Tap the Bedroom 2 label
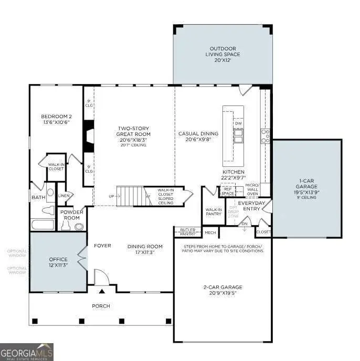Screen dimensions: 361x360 (x=56, y=119)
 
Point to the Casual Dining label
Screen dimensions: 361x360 (x=198, y=136)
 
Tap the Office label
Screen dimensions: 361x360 (x=58, y=262)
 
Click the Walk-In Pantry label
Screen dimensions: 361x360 (x=213, y=212)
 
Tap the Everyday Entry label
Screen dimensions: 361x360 (x=252, y=205)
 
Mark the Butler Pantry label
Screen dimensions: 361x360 (x=187, y=231)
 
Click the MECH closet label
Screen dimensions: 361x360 (x=210, y=232)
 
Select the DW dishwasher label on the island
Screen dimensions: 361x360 (x=238, y=123)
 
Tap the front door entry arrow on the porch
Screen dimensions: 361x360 (x=102, y=290)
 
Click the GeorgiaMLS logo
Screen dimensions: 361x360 (x=26, y=352)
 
